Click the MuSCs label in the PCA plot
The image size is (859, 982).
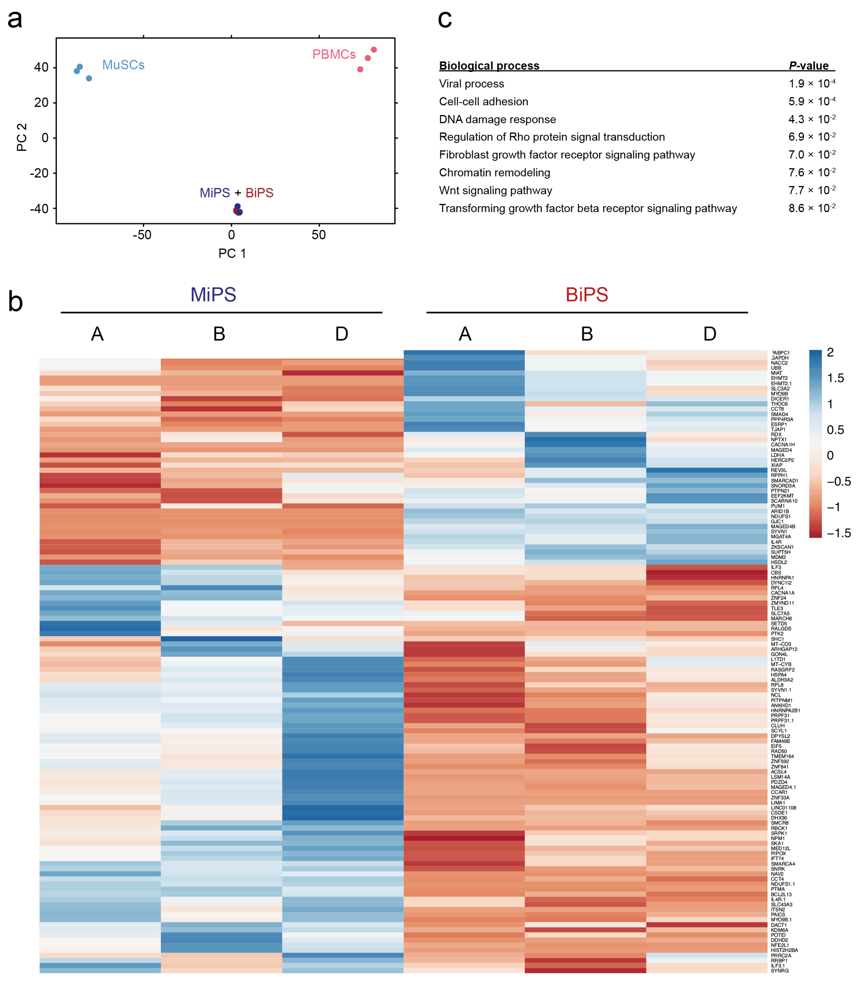tap(123, 65)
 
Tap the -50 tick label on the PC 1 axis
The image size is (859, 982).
tap(142, 235)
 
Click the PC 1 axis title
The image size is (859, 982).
tap(232, 254)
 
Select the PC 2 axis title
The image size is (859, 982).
tap(22, 137)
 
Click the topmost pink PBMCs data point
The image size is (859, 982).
tap(374, 50)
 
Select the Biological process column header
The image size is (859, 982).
tap(489, 66)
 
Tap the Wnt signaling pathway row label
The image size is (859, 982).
tap(495, 191)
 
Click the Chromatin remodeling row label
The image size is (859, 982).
tap(494, 173)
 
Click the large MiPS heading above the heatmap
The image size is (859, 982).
tap(213, 295)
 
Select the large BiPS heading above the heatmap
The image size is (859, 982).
tap(587, 295)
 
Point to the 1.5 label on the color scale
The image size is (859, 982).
tap(835, 378)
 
